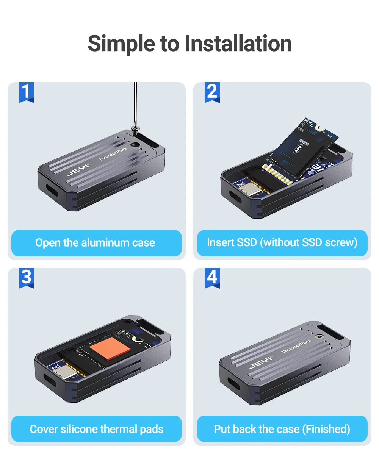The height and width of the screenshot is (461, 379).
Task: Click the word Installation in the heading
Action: point(238,44)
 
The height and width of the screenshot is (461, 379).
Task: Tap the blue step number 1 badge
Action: point(27,92)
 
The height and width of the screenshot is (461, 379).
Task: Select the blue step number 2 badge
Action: point(212,92)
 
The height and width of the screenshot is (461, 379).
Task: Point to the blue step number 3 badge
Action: point(27,278)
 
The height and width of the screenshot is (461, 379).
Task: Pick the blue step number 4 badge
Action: point(212,278)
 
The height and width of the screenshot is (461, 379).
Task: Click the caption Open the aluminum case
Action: point(95,243)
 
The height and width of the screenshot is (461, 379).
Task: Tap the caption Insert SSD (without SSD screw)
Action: point(282,242)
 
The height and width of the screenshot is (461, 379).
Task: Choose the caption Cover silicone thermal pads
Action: point(96,429)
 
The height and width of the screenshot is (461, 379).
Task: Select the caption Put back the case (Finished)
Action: point(282,429)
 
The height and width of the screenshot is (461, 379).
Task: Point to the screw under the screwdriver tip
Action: point(135,129)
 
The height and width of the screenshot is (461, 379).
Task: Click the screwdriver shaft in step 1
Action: point(135,103)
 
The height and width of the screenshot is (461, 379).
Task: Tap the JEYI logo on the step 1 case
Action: point(78,170)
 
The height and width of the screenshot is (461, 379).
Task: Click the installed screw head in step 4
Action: point(319,337)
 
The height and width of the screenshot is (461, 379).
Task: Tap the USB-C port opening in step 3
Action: point(50,380)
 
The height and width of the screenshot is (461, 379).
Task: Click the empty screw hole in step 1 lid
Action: point(134,145)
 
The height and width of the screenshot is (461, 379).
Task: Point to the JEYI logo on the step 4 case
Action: point(261,363)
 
